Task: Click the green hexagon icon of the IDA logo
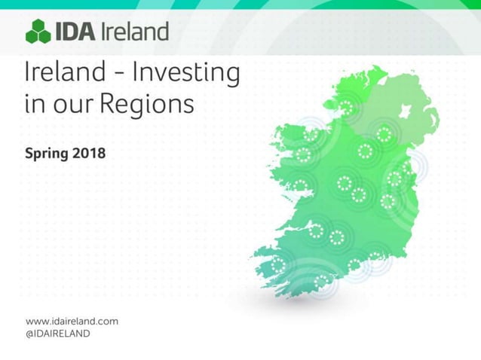(x=38, y=32)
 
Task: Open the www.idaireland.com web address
(x=72, y=321)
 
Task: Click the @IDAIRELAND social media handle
(x=58, y=333)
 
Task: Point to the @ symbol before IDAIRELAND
(x=31, y=333)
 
